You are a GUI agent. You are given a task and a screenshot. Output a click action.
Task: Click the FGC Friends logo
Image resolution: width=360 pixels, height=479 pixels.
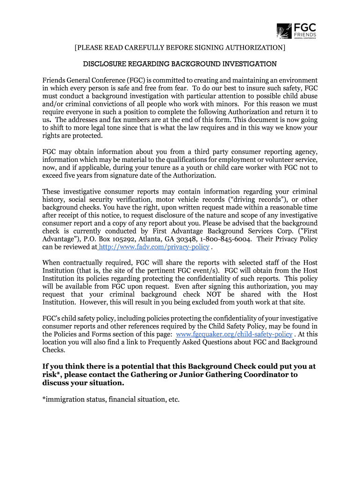coord(296,31)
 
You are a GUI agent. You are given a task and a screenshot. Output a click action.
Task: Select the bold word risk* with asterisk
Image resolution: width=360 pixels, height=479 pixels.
coord(53,375)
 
